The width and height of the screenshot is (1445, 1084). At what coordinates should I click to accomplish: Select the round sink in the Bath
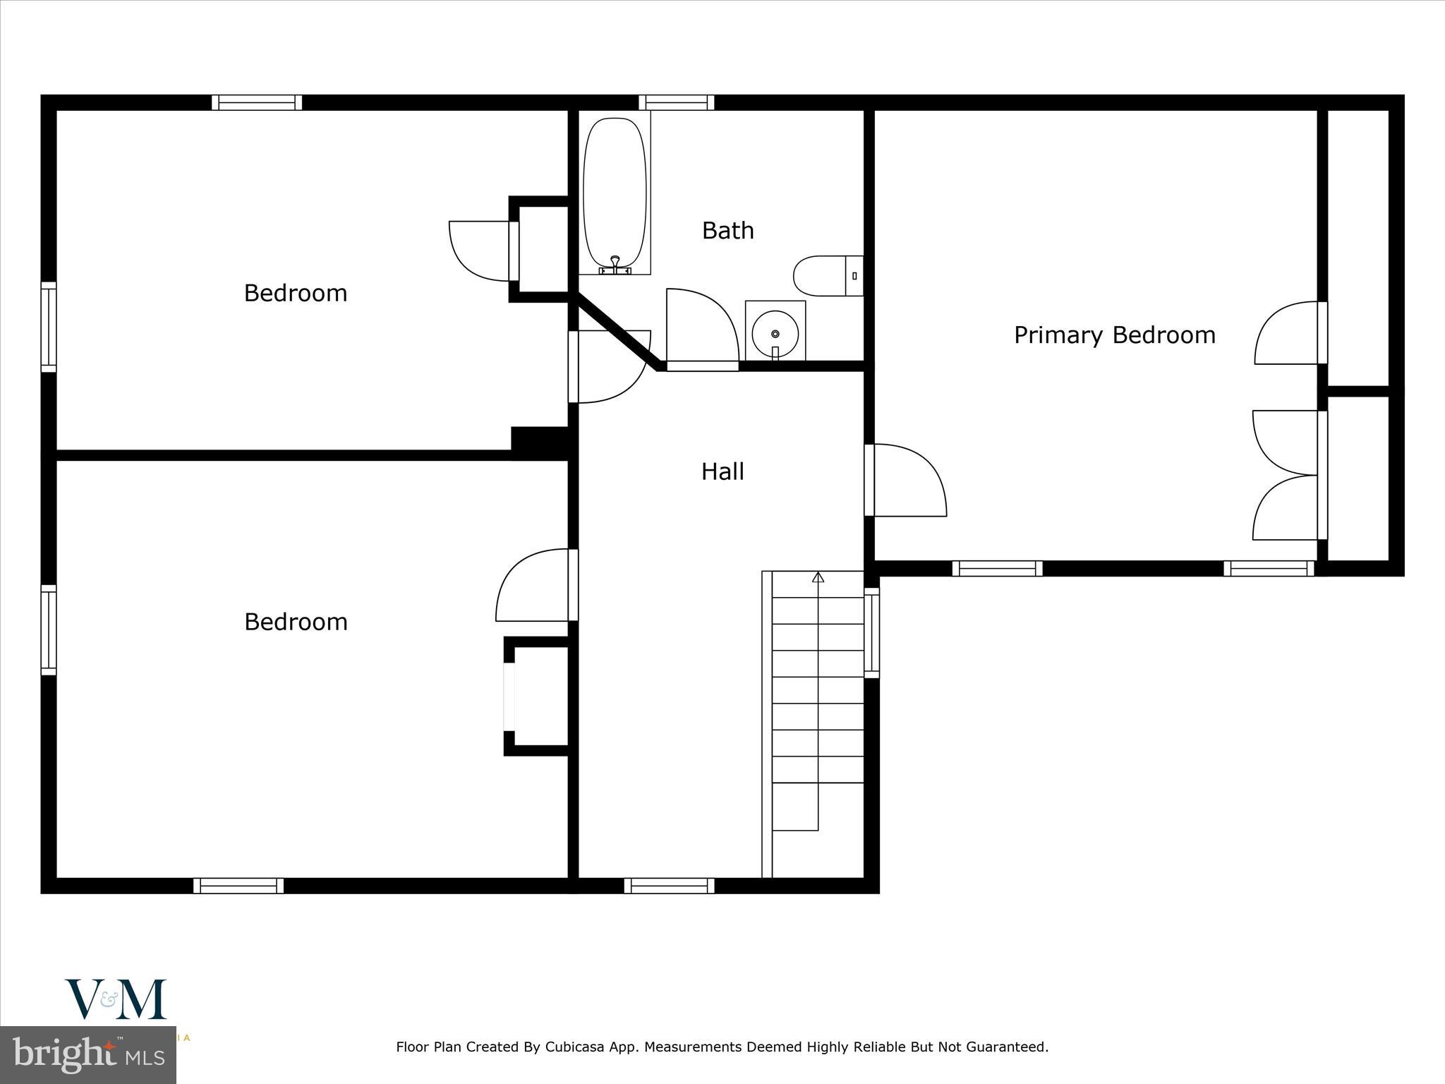pos(775,332)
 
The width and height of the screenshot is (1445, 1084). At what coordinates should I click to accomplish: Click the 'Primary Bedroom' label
pos(1114,335)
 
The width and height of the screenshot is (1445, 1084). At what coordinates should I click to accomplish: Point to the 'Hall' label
pos(722,471)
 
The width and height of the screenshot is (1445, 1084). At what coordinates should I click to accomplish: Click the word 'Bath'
pos(727,231)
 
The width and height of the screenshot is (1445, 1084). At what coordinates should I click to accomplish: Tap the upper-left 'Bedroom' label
pos(295,293)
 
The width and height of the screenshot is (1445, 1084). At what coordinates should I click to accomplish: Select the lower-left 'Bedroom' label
pos(295,622)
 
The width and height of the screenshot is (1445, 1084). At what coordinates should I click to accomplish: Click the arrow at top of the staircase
pos(818,577)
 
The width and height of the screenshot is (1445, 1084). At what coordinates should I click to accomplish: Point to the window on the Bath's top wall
pos(676,103)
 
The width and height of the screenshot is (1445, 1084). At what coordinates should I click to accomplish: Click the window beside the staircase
pos(872,632)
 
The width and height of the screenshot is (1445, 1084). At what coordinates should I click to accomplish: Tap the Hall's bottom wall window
pos(669,886)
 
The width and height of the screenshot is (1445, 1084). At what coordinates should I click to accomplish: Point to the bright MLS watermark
pos(88,1056)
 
